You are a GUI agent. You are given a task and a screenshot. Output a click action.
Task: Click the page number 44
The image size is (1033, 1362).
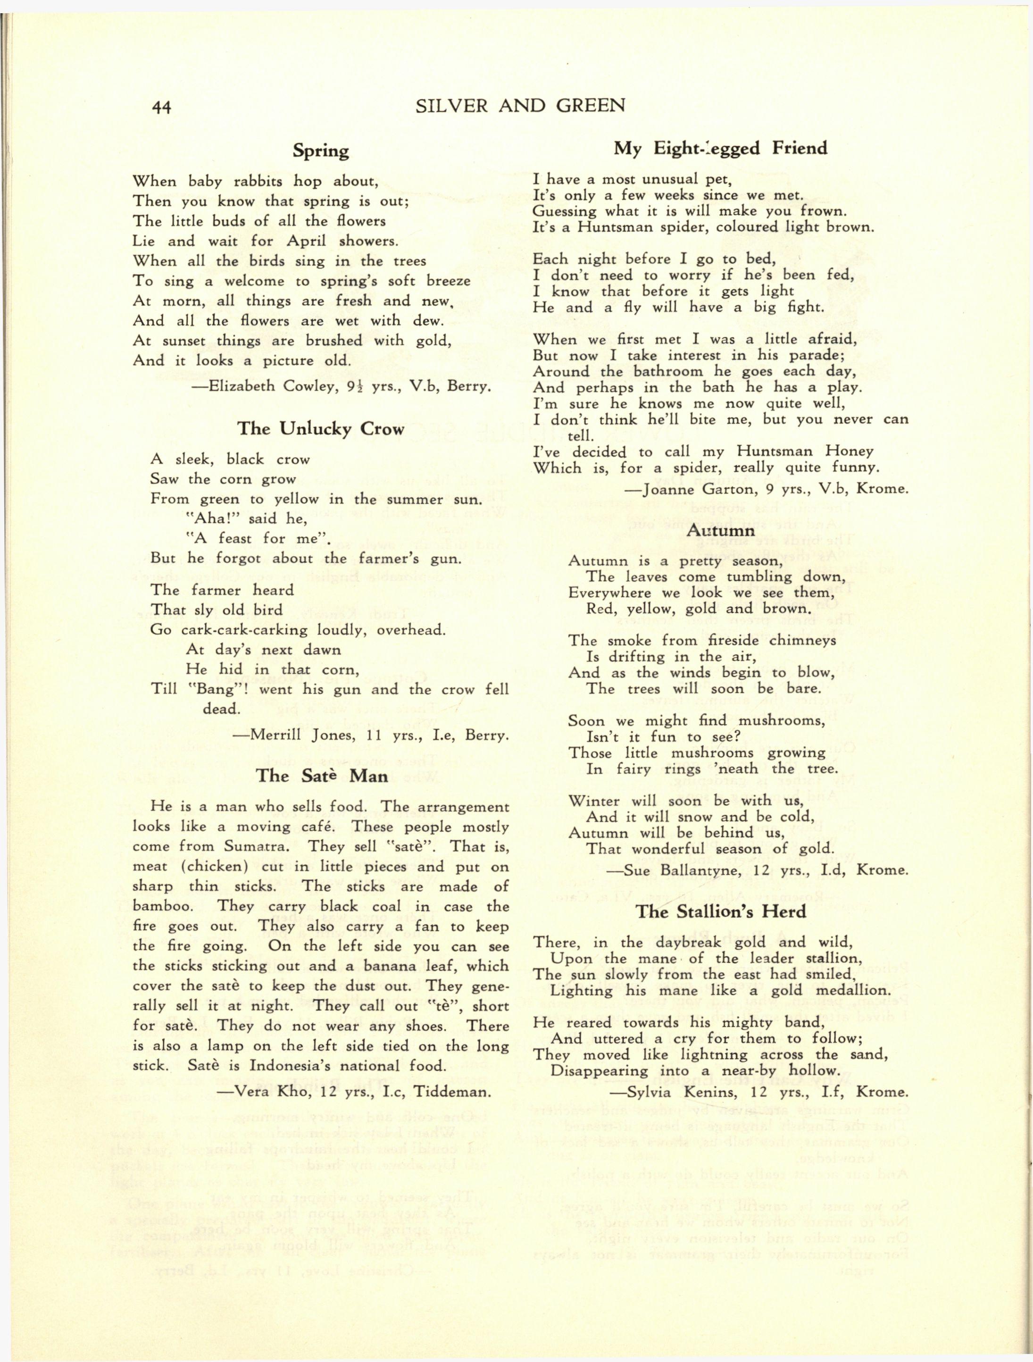161,107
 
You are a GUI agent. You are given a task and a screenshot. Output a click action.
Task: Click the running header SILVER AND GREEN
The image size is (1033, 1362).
521,106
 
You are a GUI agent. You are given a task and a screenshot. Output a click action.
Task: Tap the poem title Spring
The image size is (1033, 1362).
321,151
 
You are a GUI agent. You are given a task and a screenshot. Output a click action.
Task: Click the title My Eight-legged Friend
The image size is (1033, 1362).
721,149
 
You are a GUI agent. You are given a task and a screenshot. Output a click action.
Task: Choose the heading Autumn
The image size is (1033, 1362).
720,530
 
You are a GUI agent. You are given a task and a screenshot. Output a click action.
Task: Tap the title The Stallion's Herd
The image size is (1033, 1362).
721,911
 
